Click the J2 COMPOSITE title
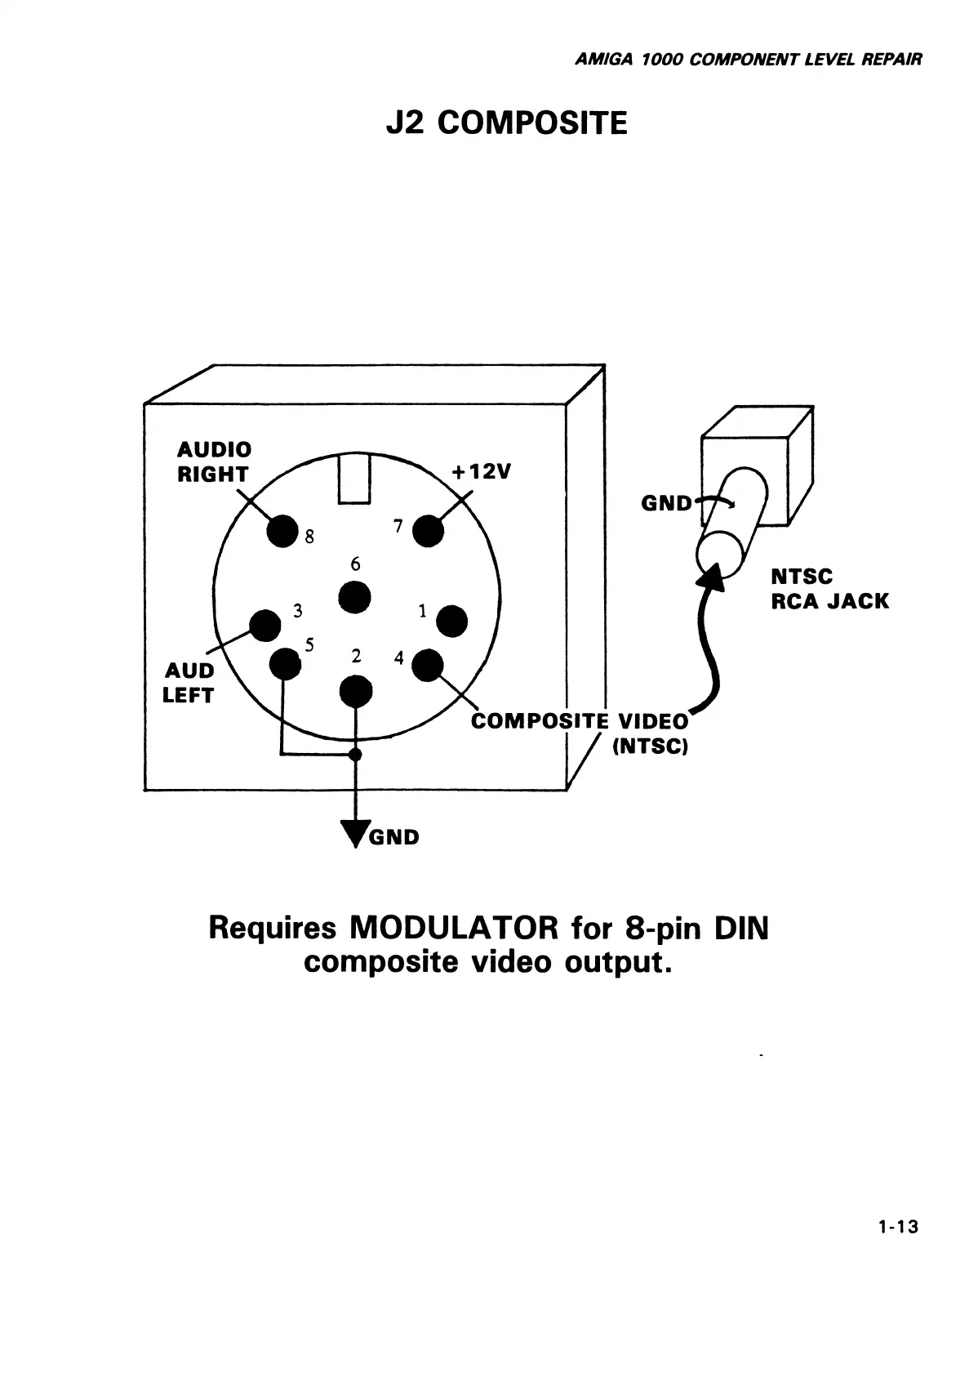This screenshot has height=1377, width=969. (x=506, y=124)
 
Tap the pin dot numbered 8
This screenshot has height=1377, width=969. (x=282, y=532)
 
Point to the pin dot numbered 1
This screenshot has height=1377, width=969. (x=451, y=621)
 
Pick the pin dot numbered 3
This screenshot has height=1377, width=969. (x=264, y=626)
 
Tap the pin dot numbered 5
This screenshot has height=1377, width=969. (x=285, y=662)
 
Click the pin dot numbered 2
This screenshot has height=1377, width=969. (x=355, y=692)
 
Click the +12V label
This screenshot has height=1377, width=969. (x=481, y=472)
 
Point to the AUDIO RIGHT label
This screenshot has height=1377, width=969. (x=214, y=461)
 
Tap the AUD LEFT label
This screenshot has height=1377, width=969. (x=189, y=683)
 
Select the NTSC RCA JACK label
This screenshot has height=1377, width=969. (x=829, y=589)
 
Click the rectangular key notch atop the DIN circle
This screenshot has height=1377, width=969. (x=355, y=479)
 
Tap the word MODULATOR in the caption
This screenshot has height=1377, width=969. (x=453, y=929)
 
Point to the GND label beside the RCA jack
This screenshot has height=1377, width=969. (x=666, y=503)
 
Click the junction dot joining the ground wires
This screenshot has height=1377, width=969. (x=354, y=754)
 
